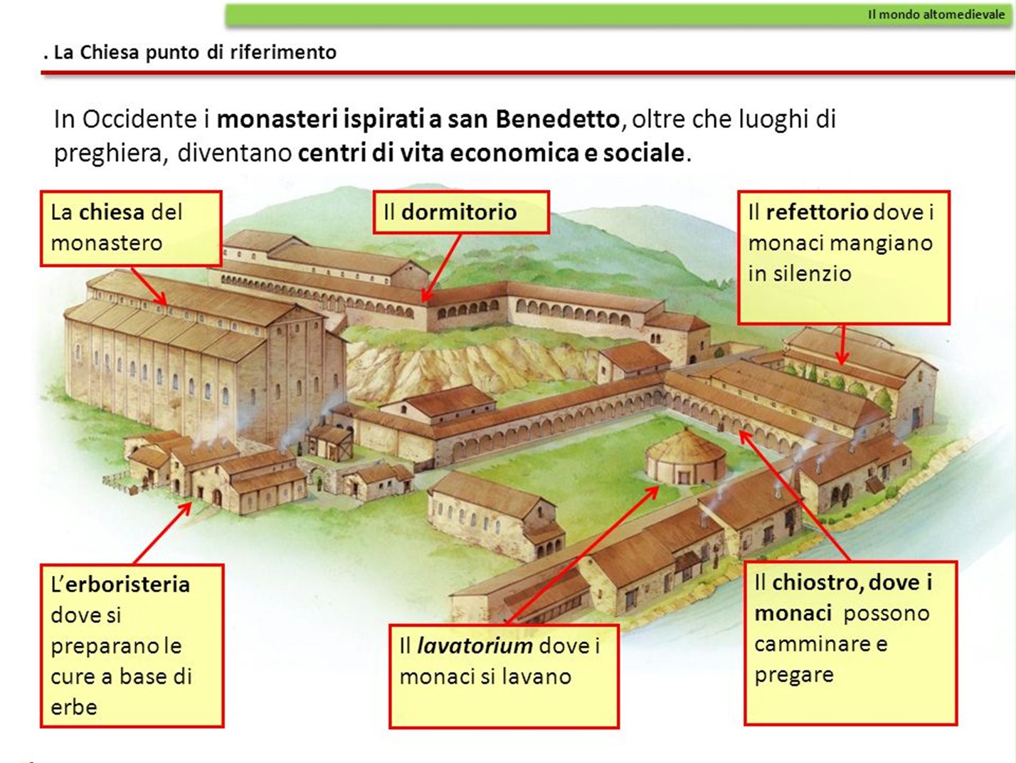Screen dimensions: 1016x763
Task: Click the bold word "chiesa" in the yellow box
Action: point(112,212)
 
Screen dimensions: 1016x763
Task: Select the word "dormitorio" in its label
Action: point(459,212)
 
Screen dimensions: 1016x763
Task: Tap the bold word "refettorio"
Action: point(817,212)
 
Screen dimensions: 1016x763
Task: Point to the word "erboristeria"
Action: point(127,584)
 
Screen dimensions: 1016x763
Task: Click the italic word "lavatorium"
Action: point(475,646)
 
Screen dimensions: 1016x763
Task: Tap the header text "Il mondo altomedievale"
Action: point(936,14)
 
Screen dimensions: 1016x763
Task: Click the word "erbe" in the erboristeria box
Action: point(73,707)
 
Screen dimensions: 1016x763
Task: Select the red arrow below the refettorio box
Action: point(842,344)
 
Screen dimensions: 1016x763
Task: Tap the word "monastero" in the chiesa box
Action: point(106,243)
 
